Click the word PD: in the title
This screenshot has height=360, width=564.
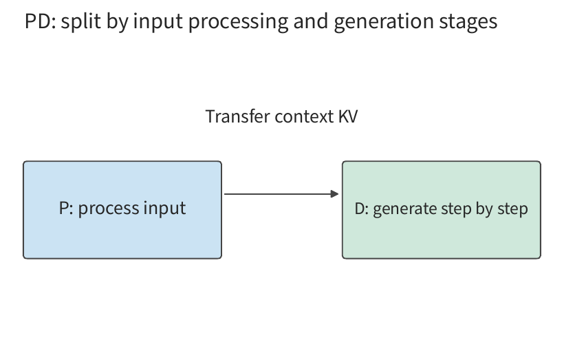40,21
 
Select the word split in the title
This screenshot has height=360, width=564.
80,21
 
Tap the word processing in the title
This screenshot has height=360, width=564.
238,22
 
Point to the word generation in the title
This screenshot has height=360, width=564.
383,22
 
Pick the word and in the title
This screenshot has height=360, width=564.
311,21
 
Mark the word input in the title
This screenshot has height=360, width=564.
158,22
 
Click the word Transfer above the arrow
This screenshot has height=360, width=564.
237,116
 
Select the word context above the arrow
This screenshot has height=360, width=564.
304,117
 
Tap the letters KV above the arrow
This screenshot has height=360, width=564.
348,116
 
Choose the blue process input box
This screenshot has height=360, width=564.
122,210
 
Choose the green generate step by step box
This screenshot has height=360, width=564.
442,210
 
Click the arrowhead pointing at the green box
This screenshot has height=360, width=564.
335,194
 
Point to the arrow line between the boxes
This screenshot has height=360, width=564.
281,194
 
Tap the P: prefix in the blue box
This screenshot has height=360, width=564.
66,208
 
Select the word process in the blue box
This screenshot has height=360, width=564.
108,209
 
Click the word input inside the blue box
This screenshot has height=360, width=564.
164,209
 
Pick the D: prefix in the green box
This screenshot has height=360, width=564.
362,209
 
